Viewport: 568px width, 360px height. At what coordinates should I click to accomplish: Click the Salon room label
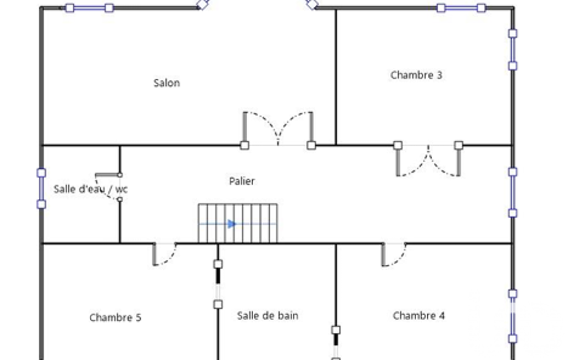(167, 83)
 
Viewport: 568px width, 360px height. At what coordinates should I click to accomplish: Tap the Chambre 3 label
(416, 75)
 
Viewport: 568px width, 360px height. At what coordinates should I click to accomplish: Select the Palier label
(242, 181)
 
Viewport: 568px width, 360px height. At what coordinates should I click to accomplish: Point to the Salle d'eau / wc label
(90, 189)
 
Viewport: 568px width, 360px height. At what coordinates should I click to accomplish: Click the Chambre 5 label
(115, 317)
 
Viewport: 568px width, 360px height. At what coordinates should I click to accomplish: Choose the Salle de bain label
(268, 316)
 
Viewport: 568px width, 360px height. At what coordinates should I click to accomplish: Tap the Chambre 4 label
(419, 316)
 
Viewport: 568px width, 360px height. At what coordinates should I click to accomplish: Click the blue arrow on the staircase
(232, 224)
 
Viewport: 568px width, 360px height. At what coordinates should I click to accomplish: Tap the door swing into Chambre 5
(165, 254)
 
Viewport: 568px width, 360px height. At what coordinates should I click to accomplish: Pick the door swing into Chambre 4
(394, 254)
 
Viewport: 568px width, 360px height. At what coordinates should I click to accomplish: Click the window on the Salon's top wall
(89, 8)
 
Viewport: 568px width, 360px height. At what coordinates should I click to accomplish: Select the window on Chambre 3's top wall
(461, 8)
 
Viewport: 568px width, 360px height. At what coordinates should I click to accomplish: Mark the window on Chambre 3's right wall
(513, 50)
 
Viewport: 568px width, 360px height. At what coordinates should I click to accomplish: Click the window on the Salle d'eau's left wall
(42, 189)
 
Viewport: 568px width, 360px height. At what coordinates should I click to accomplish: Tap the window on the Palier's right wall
(513, 192)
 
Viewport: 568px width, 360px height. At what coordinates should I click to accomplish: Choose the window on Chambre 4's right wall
(513, 316)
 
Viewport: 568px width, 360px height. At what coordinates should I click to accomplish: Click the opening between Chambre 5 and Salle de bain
(218, 284)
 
